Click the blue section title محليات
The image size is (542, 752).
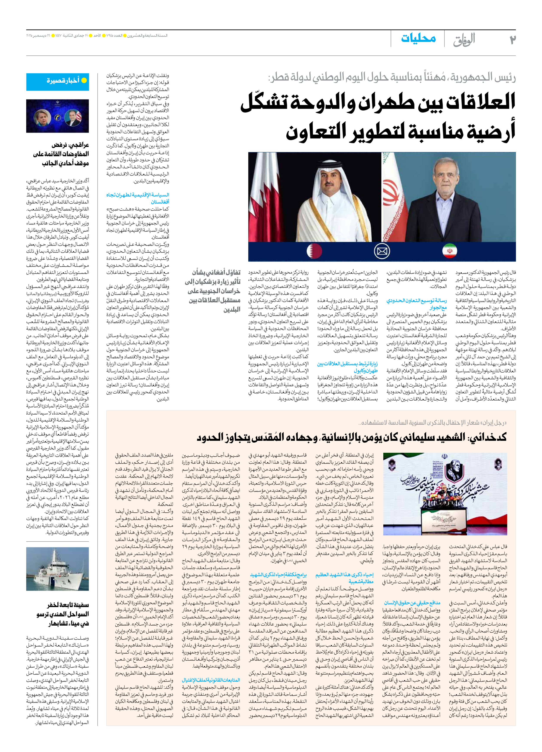click(418, 38)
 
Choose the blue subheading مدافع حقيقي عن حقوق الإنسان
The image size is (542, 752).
click(412, 602)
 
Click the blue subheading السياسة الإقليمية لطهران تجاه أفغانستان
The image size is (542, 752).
click(138, 198)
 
